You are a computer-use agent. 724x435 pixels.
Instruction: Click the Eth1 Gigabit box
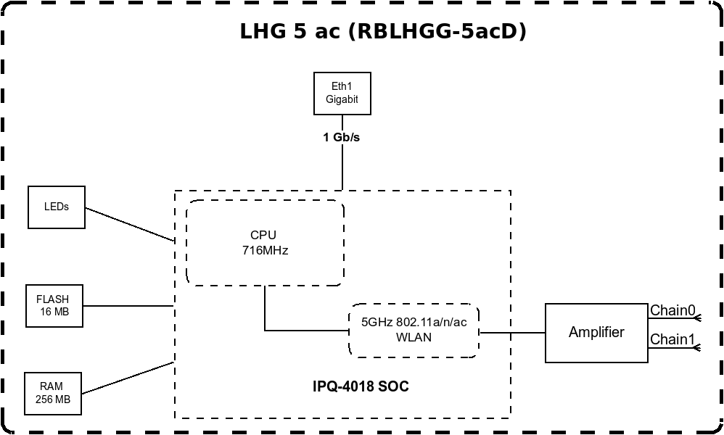coord(342,94)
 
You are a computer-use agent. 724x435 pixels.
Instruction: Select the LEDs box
coord(57,207)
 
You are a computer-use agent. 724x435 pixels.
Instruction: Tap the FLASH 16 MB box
coord(54,306)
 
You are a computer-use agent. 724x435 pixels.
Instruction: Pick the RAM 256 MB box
coord(53,394)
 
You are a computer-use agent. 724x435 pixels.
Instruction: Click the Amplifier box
coord(596,333)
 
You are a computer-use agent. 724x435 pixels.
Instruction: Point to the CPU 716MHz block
coord(265,243)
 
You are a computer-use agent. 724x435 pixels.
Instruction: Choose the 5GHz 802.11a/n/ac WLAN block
coord(414,331)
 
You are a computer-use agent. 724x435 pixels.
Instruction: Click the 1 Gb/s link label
coord(341,138)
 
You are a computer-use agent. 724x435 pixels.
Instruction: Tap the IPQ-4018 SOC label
coord(361,386)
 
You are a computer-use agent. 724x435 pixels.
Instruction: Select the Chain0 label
coord(672,310)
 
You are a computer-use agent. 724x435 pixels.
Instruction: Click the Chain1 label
coord(672,339)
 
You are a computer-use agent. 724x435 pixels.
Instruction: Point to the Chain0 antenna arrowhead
coord(698,318)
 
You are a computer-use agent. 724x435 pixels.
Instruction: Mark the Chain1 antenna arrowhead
coord(698,347)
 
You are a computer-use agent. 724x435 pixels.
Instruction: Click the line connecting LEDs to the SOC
coord(130,224)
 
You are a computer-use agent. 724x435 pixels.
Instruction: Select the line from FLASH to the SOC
coord(128,306)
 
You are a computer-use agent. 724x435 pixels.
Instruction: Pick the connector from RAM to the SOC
coord(128,378)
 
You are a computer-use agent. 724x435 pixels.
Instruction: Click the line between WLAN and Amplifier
coord(512,332)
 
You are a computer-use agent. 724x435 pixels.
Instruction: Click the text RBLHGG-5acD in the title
coord(437,31)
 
